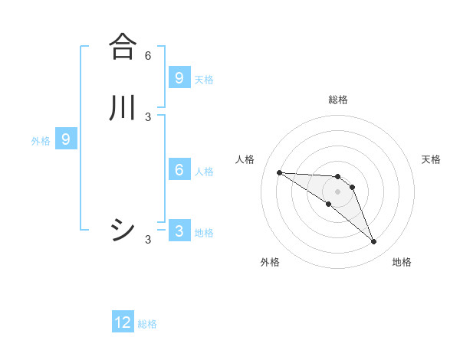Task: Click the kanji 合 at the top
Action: (x=123, y=46)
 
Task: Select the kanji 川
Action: (x=123, y=107)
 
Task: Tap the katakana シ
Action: (x=123, y=230)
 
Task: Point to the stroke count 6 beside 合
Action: (x=148, y=56)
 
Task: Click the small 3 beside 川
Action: (x=148, y=117)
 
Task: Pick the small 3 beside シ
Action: (x=148, y=240)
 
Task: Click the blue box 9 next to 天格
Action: (x=179, y=77)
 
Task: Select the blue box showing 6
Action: (x=179, y=170)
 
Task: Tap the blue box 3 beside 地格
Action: (x=179, y=231)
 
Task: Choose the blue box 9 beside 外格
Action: (x=66, y=139)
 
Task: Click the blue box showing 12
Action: (x=123, y=322)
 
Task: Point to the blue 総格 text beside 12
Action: (x=147, y=324)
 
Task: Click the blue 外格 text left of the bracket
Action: (x=41, y=141)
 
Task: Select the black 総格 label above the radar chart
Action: (x=338, y=100)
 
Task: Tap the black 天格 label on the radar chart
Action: (x=431, y=159)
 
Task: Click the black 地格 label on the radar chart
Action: (x=402, y=262)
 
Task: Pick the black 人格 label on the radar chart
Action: (x=245, y=159)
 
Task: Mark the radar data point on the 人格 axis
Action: (x=279, y=172)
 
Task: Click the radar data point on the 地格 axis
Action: (x=373, y=242)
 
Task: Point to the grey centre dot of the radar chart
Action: (x=337, y=191)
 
